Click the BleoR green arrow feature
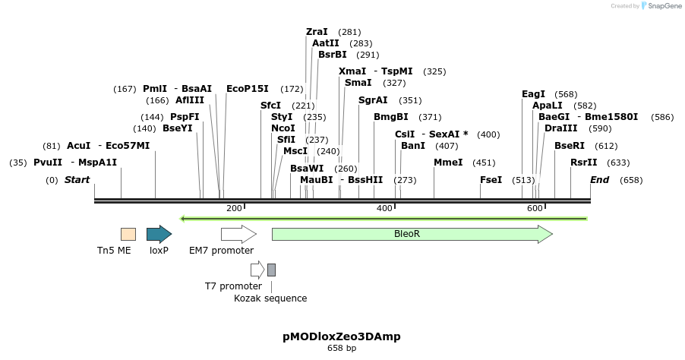[412, 234]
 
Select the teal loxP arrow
[159, 234]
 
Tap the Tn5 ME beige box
[128, 234]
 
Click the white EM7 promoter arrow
[238, 234]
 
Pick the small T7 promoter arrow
[257, 270]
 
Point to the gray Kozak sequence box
[271, 270]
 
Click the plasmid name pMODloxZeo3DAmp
[342, 336]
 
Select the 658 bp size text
[342, 348]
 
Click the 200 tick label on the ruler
[234, 208]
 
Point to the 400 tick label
[384, 208]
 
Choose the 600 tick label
[535, 208]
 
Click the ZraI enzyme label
[317, 32]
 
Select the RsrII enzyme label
[583, 163]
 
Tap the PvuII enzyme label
[48, 163]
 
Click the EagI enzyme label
[533, 94]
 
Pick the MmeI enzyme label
[448, 163]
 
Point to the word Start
[77, 180]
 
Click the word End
[600, 180]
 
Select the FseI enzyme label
[491, 180]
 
